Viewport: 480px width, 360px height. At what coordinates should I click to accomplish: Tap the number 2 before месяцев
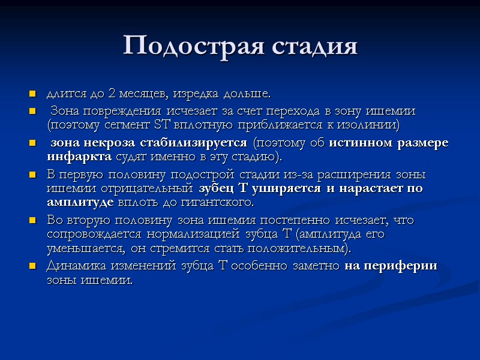tap(112, 94)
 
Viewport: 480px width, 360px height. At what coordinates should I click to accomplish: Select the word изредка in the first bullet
tap(196, 94)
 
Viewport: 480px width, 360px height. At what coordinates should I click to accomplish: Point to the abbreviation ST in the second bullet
tap(163, 125)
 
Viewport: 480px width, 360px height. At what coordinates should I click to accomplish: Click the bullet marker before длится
tap(32, 95)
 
